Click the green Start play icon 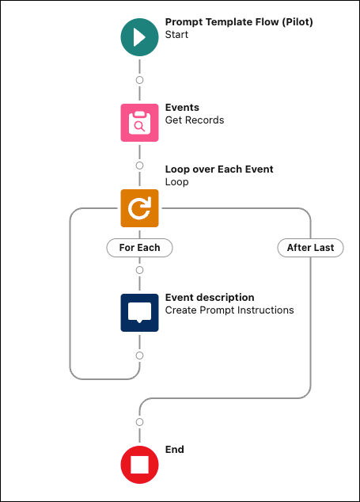click(x=139, y=37)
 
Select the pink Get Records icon click(x=139, y=123)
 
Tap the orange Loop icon click(x=139, y=208)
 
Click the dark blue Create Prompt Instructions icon click(x=139, y=313)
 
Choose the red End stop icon click(x=139, y=465)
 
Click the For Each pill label click(x=139, y=248)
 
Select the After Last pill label click(x=310, y=248)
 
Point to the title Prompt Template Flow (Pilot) click(x=239, y=22)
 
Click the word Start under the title click(x=176, y=35)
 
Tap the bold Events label click(x=182, y=107)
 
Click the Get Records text click(x=195, y=120)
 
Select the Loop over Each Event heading click(x=219, y=169)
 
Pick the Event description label click(x=210, y=298)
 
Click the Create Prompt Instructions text click(x=229, y=310)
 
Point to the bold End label click(x=174, y=450)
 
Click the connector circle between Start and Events click(x=139, y=80)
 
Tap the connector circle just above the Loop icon click(x=139, y=165)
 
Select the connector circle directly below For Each click(x=139, y=270)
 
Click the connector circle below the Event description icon click(x=139, y=356)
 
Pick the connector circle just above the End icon click(x=139, y=422)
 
